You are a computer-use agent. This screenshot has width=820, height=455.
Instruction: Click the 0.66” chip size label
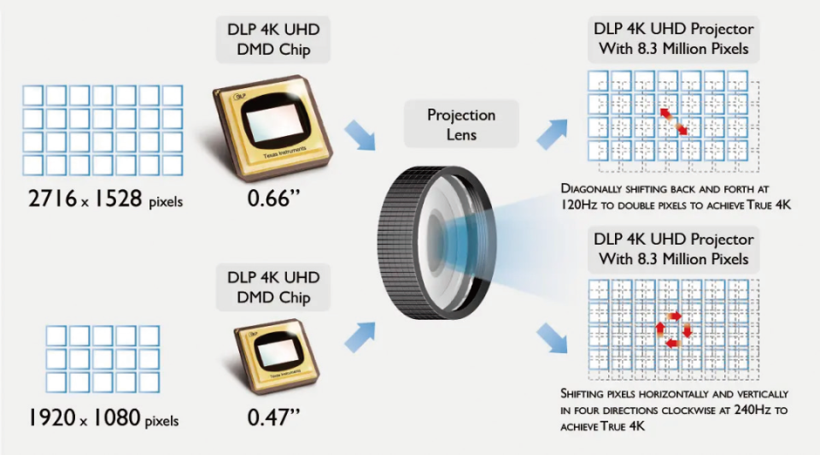click(x=273, y=198)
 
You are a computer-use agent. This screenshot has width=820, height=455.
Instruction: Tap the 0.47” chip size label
click(x=273, y=417)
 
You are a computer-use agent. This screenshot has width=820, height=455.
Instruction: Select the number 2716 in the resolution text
click(x=53, y=199)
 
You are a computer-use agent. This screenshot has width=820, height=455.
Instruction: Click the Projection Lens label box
click(x=461, y=124)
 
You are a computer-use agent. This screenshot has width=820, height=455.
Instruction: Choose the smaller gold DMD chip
click(x=277, y=356)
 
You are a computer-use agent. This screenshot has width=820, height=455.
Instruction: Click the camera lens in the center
click(x=436, y=243)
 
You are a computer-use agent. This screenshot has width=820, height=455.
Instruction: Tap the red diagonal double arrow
click(x=674, y=121)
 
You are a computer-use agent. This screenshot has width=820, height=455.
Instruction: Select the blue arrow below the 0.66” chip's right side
click(x=360, y=135)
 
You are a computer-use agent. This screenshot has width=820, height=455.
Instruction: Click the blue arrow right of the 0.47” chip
click(x=360, y=337)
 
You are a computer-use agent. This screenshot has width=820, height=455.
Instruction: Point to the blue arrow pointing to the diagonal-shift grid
click(x=552, y=134)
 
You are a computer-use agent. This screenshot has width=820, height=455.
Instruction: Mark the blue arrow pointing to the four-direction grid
click(x=552, y=338)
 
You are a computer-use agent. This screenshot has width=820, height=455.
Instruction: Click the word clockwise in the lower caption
click(x=694, y=410)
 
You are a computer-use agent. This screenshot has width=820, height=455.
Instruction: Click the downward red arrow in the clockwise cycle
click(x=687, y=331)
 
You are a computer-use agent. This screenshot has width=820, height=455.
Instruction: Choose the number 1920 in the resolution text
click(x=52, y=418)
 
